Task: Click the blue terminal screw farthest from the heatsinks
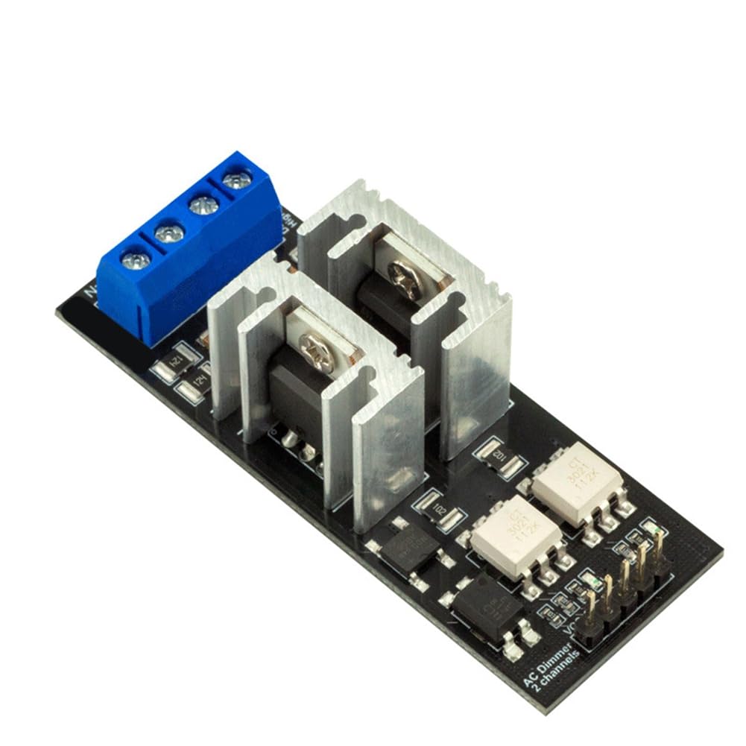tap(136, 260)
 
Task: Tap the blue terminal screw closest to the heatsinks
tap(236, 179)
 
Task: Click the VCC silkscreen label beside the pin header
tap(569, 633)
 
